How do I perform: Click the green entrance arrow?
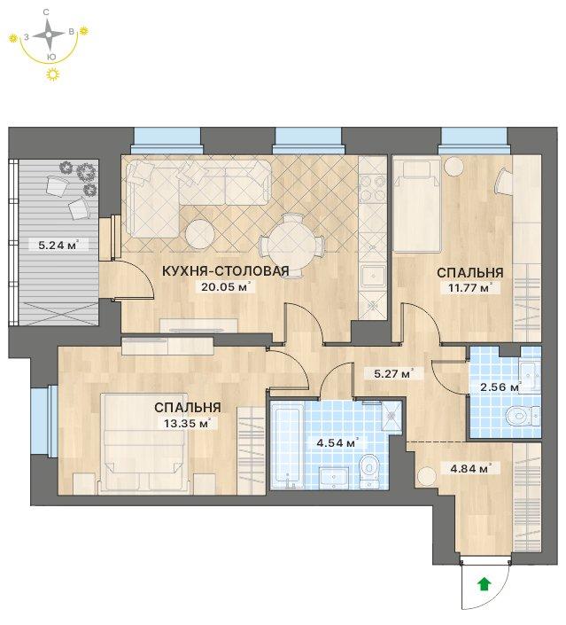tap(484, 584)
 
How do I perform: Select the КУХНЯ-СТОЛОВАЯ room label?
tap(226, 271)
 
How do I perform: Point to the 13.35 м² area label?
tap(187, 423)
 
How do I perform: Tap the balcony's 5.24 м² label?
tap(58, 246)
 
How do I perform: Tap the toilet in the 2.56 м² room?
tap(523, 417)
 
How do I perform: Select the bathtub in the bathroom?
tap(287, 445)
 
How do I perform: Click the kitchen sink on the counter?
tap(373, 276)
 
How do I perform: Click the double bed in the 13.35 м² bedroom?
tap(143, 442)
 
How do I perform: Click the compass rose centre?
tap(49, 35)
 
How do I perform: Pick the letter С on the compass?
tap(46, 12)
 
